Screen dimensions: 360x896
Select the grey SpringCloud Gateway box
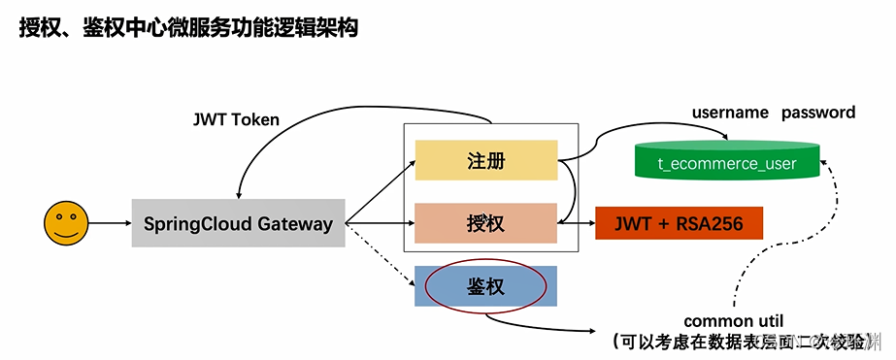239,223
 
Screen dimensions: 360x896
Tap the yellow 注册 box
485,160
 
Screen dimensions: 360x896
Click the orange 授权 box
485,223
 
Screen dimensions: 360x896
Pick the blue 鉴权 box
485,286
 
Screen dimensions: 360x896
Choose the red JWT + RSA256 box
679,223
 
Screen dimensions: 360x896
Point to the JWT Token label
237,120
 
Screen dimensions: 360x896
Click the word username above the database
730,113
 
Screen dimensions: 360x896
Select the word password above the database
818,113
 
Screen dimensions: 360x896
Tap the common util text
733,321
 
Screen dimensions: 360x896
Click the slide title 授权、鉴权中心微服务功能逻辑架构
189,28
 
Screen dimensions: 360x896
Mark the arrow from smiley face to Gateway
107,223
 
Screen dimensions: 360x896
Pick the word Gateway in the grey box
295,223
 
